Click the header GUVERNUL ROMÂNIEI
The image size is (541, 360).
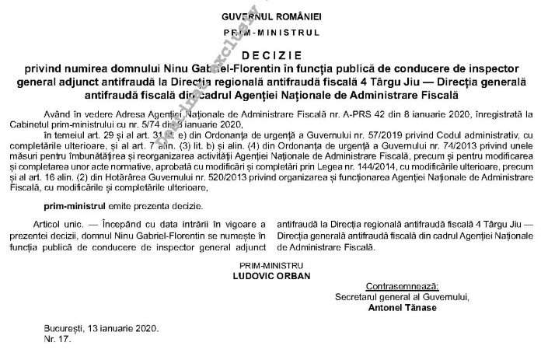point(271,16)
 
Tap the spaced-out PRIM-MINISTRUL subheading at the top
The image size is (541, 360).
point(271,34)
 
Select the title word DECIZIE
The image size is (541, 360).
point(271,56)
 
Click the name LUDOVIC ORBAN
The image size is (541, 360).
point(271,275)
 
